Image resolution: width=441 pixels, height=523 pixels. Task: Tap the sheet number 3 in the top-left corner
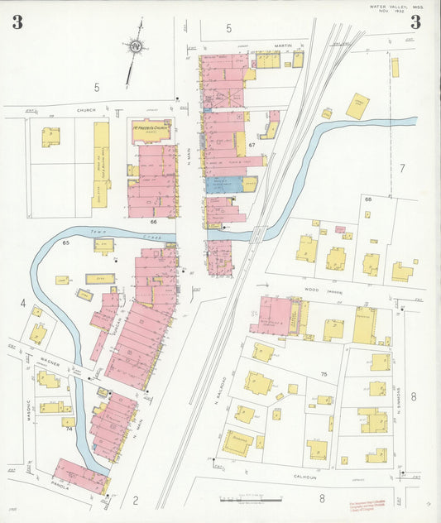coord(17,22)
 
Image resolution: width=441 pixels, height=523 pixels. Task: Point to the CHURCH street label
coord(86,110)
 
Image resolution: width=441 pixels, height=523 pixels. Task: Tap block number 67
coord(252,145)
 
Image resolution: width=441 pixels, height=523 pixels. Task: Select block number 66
coord(153,222)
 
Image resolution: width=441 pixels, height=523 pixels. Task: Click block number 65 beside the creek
coord(65,243)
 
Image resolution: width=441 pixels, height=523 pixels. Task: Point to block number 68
coord(368,199)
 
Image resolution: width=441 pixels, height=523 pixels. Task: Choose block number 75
coord(324,374)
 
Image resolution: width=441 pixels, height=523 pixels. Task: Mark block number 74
coord(69,429)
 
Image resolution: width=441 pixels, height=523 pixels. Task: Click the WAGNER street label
coord(51,360)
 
